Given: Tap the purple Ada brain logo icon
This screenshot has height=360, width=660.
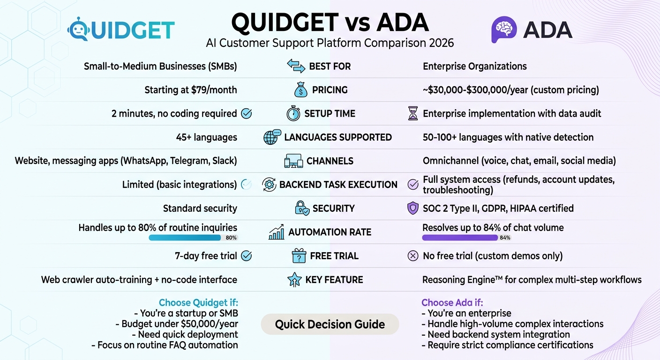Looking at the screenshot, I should [503, 30].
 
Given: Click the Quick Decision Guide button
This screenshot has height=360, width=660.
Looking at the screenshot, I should [330, 324].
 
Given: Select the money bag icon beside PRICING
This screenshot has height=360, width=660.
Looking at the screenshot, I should [300, 90].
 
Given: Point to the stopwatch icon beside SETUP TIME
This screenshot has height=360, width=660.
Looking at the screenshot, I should [293, 113].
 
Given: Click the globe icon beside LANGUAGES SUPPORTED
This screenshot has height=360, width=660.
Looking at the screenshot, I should [272, 137].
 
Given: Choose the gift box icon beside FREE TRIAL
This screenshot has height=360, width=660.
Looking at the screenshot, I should [299, 256].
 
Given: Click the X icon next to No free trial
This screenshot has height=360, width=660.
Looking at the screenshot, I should [413, 256].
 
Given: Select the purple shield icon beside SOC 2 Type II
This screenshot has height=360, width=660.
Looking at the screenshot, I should [412, 208].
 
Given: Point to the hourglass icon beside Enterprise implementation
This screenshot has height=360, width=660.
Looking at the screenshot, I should [412, 113].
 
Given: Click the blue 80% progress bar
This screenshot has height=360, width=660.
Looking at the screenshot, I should [185, 238].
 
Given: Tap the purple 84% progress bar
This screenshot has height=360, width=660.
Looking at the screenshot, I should [459, 238].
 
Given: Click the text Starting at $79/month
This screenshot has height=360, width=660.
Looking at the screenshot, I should [190, 90].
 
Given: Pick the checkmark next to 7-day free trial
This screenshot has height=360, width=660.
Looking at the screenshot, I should [246, 256].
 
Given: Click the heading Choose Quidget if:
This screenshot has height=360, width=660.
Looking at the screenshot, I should [198, 302].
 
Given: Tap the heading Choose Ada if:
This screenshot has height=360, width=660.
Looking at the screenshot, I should [452, 302].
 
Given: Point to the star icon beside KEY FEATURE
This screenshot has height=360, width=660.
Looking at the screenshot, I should [293, 280].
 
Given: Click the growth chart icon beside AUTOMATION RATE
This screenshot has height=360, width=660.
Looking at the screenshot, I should [276, 232].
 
